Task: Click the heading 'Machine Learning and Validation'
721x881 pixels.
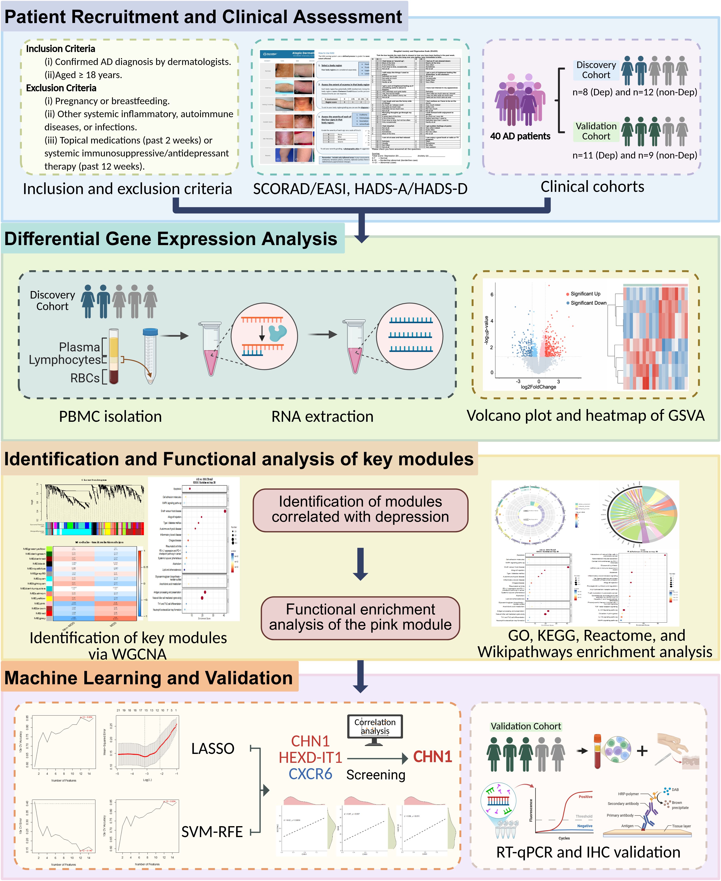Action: tap(149, 678)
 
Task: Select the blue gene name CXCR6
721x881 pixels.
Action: tap(310, 774)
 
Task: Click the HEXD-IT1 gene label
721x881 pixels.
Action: tap(310, 758)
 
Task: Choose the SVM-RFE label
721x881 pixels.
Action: tap(212, 832)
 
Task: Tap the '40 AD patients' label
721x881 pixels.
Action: tap(520, 136)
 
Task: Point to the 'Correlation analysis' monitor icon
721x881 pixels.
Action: tap(375, 727)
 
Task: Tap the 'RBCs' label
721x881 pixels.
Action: tap(85, 378)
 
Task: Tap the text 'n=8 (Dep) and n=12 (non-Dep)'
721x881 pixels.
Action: tap(635, 92)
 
